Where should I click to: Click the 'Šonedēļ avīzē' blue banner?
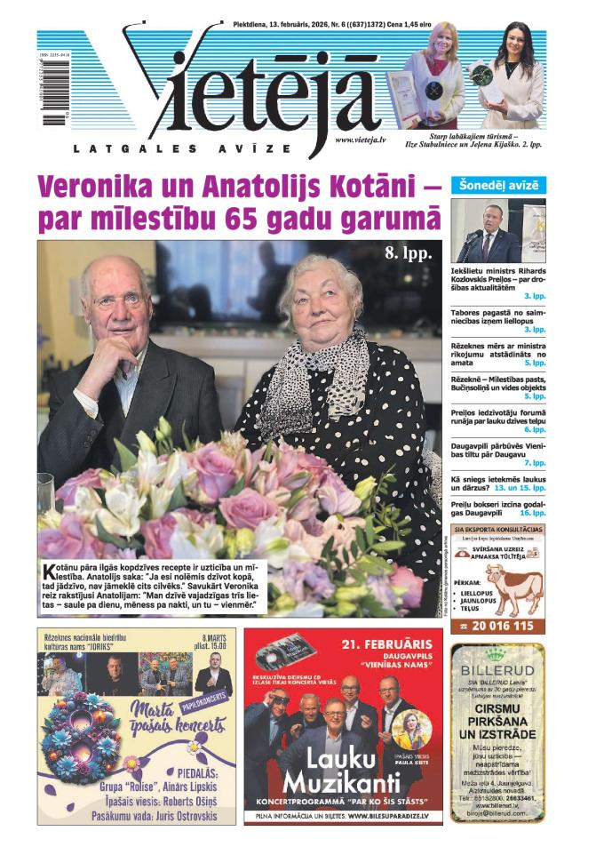(x=498, y=186)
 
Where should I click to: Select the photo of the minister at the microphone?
(x=497, y=230)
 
